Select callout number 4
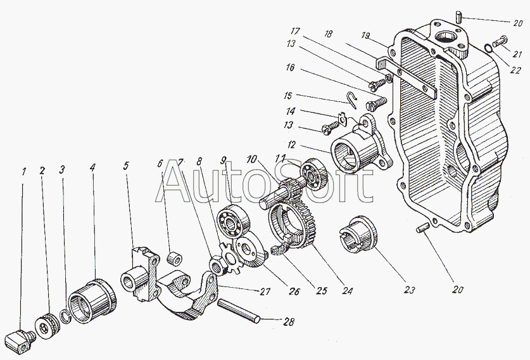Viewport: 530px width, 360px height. pyautogui.click(x=92, y=169)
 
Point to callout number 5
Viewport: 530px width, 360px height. pyautogui.click(x=126, y=166)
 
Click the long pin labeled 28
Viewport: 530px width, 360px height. pyautogui.click(x=237, y=311)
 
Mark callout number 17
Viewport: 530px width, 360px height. pyautogui.click(x=295, y=31)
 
